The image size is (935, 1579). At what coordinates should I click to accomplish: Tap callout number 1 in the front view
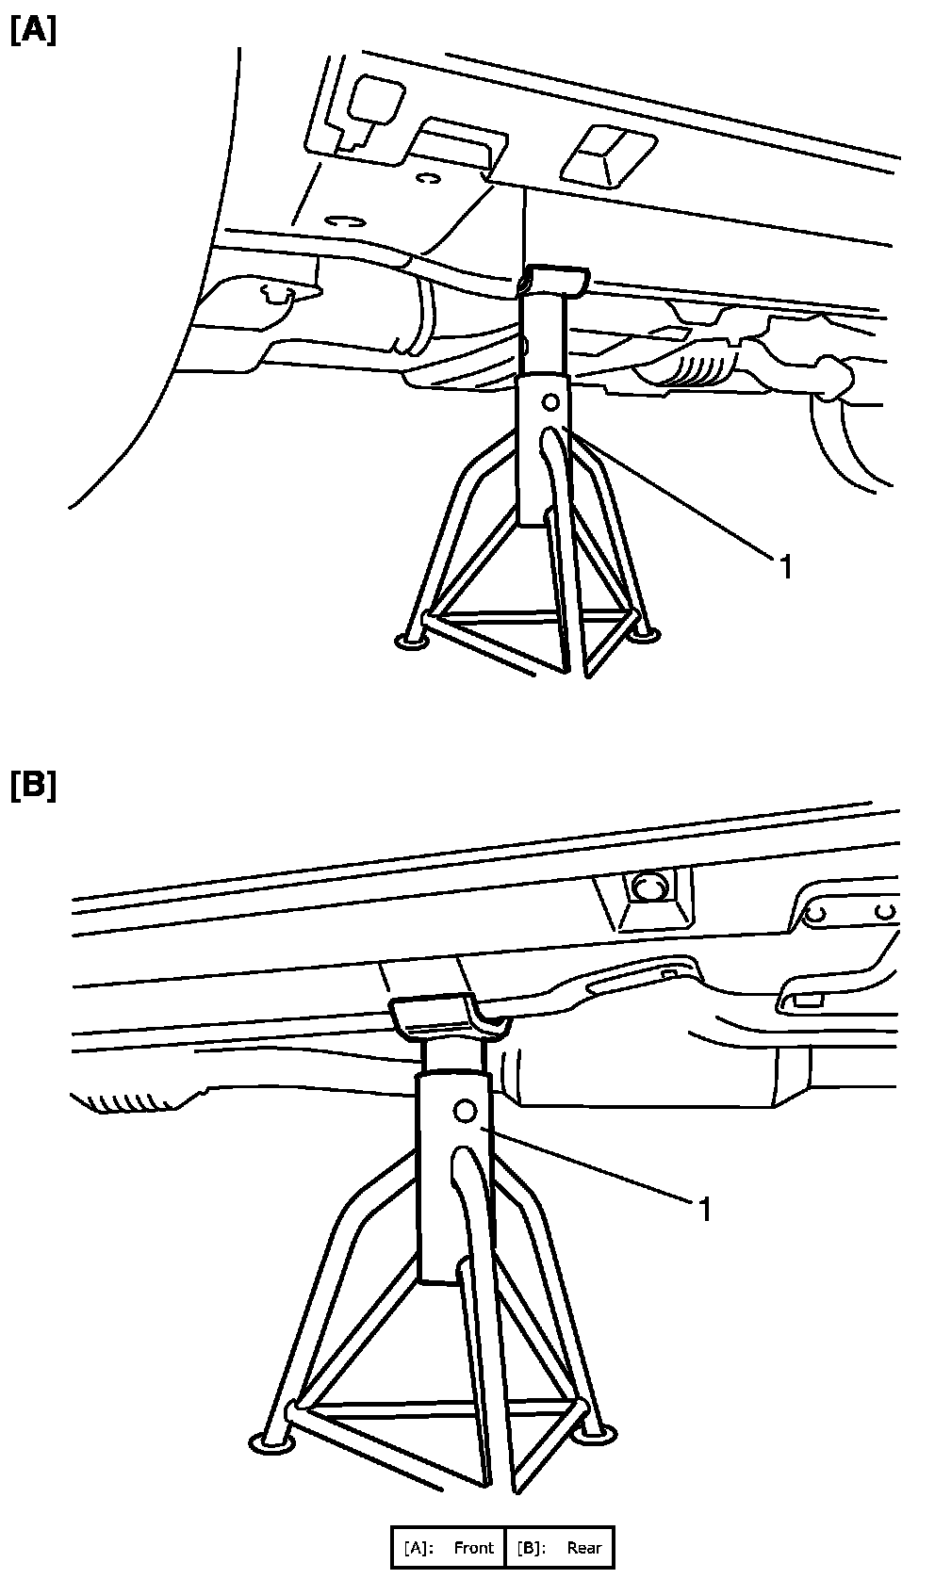pyautogui.click(x=784, y=566)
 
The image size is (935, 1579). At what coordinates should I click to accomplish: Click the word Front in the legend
pyautogui.click(x=473, y=1548)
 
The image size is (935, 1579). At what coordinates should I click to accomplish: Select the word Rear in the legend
pyautogui.click(x=584, y=1548)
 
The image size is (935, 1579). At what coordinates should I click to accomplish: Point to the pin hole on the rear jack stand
pyautogui.click(x=464, y=1111)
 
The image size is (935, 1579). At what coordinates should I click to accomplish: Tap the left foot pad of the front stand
pyautogui.click(x=412, y=643)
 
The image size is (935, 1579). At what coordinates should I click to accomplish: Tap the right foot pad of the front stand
pyautogui.click(x=645, y=638)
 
